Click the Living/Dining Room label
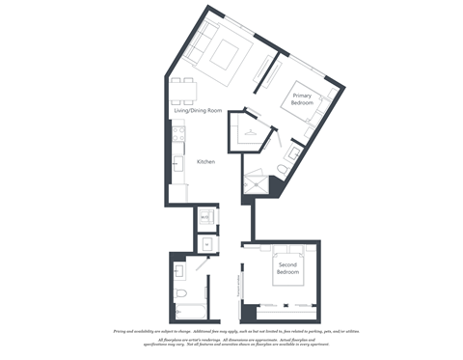(x=198, y=111)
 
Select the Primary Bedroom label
(x=302, y=98)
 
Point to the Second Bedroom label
(x=286, y=268)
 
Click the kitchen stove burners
(x=177, y=140)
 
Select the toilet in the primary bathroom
(x=282, y=170)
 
